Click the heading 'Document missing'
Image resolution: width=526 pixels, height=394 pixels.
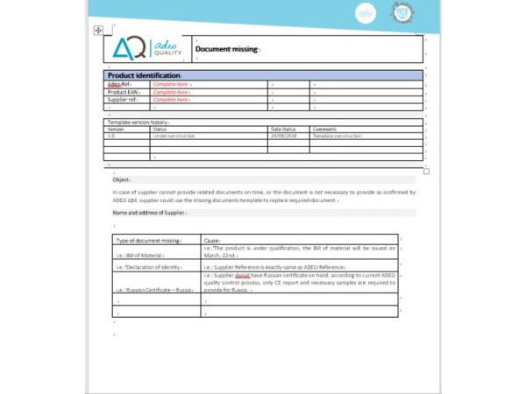tap(226, 49)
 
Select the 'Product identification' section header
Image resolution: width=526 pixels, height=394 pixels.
tap(144, 75)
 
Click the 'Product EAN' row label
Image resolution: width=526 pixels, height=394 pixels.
tap(124, 92)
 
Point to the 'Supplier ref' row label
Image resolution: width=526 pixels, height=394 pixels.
tap(123, 100)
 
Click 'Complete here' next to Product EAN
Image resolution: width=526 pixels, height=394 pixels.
tap(171, 92)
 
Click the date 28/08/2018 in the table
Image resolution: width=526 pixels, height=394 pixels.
tap(285, 136)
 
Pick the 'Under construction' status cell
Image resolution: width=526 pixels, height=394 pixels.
tap(173, 136)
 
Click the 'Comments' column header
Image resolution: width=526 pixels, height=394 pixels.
tap(324, 130)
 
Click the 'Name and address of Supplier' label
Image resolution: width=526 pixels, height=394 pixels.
tap(149, 213)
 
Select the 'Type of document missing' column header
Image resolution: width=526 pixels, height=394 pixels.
tap(149, 240)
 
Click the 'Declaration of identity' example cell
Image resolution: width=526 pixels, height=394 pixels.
tap(148, 266)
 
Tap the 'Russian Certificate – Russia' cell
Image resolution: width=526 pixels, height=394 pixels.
tap(154, 289)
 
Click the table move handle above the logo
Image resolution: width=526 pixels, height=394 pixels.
tap(98, 31)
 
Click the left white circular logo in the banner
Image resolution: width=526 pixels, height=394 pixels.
tap(366, 13)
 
